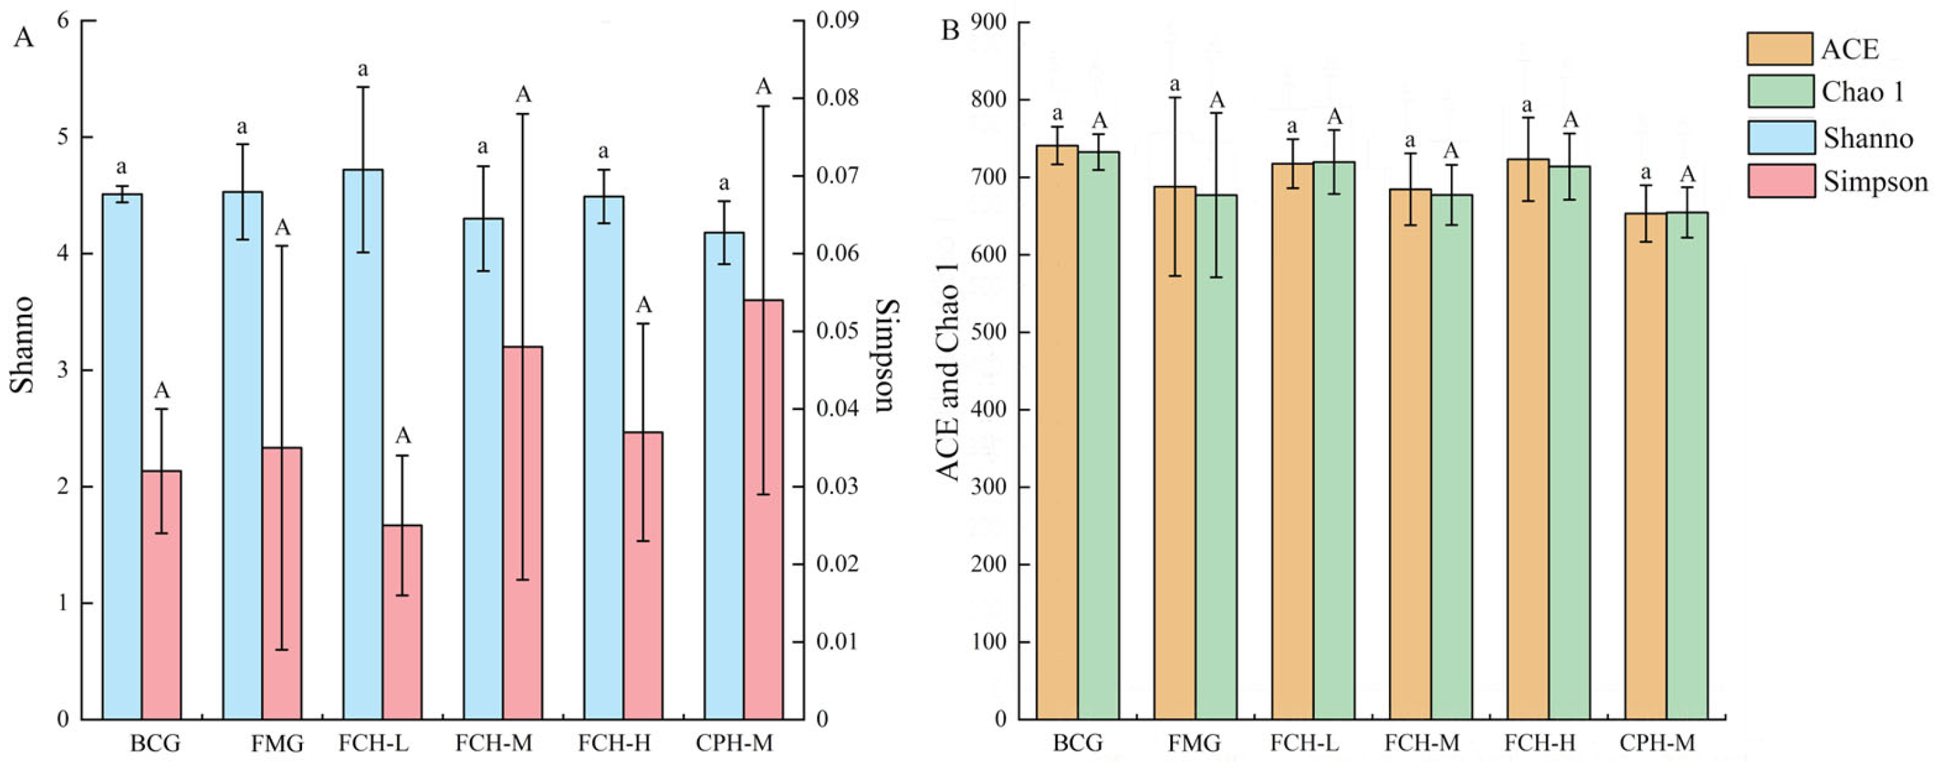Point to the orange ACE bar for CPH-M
pyautogui.click(x=1646, y=466)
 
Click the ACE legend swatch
pyautogui.click(x=1779, y=49)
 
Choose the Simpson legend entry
pyautogui.click(x=1875, y=182)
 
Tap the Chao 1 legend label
pyautogui.click(x=1863, y=92)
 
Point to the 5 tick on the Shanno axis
pyautogui.click(x=63, y=137)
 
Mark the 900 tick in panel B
pyautogui.click(x=987, y=22)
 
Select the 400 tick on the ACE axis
pyautogui.click(x=987, y=410)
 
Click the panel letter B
pyautogui.click(x=950, y=32)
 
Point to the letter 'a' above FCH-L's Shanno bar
pyautogui.click(x=362, y=70)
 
